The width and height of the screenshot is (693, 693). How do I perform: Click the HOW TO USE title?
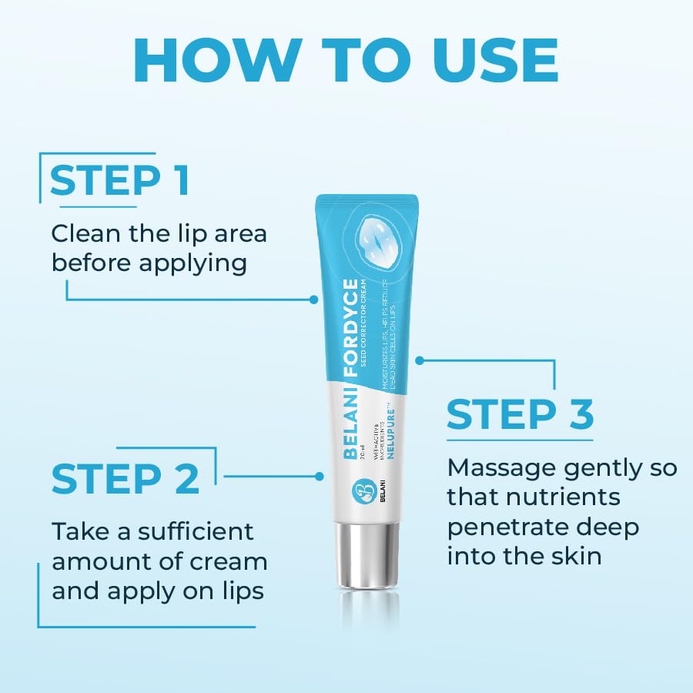pyautogui.click(x=346, y=59)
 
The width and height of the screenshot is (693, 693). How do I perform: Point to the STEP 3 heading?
pyautogui.click(x=521, y=413)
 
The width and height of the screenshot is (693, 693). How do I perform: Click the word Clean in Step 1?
pyautogui.click(x=85, y=233)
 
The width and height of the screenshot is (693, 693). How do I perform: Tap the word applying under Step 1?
pyautogui.click(x=192, y=263)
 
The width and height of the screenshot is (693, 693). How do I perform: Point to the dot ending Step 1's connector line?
pyautogui.click(x=313, y=299)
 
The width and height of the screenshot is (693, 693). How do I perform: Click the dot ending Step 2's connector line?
pyautogui.click(x=320, y=476)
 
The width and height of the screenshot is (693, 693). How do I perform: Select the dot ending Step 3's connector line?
pyautogui.click(x=420, y=360)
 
